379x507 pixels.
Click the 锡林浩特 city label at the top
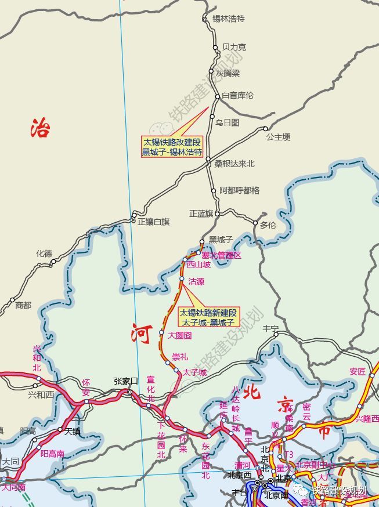(228, 19)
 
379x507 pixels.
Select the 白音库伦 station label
(238, 95)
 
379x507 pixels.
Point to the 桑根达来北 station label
(234, 164)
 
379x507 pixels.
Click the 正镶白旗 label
(154, 221)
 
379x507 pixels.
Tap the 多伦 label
(268, 225)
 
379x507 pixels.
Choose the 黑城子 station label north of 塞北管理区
(221, 239)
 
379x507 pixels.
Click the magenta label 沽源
(196, 281)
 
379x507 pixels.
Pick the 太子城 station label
(194, 372)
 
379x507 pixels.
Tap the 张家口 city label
(126, 381)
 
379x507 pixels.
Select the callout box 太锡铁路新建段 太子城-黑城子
(208, 317)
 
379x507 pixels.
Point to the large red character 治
(40, 128)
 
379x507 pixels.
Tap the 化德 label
(44, 253)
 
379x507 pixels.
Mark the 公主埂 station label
(278, 137)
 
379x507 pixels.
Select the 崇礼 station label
(180, 356)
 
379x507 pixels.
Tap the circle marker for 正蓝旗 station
(218, 213)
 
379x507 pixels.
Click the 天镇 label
(71, 432)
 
